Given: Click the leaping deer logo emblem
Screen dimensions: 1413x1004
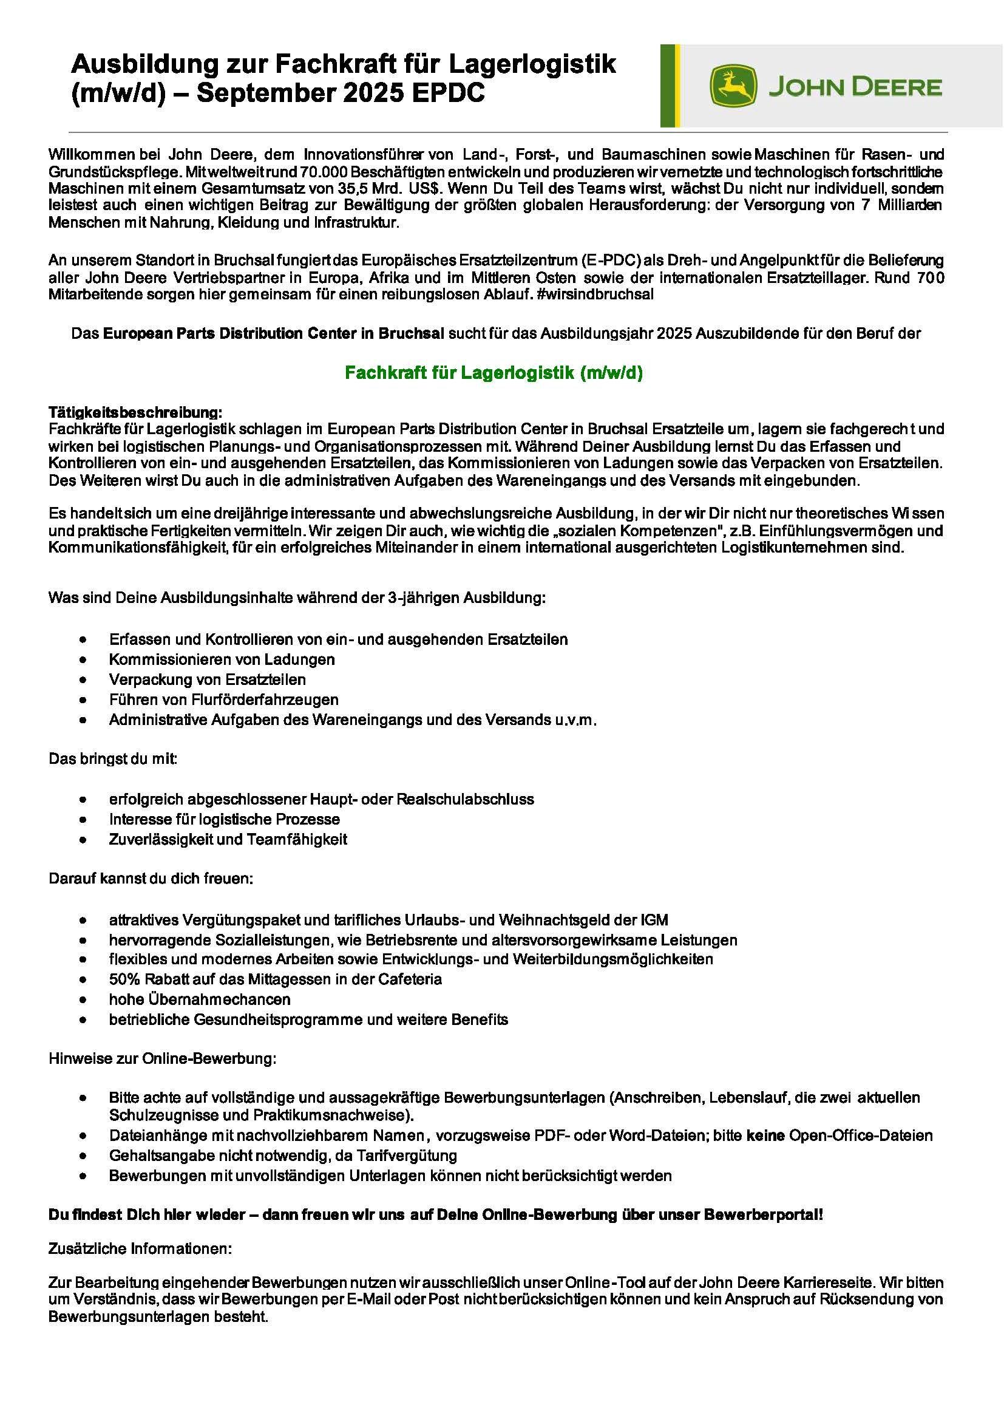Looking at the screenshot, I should click(733, 87).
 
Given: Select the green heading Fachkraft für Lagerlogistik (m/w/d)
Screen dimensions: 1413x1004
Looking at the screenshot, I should click(494, 373).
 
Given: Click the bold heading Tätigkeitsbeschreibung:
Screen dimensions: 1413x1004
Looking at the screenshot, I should click(135, 412).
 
